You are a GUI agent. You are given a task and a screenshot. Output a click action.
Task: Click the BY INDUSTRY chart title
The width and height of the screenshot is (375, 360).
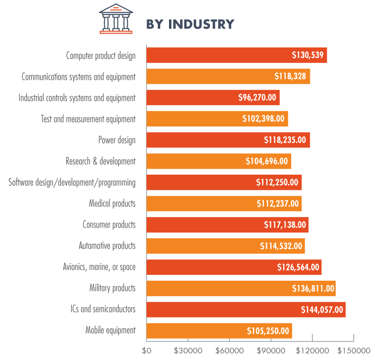(190, 24)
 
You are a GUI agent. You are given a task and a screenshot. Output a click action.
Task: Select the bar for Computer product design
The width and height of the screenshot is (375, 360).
(236, 55)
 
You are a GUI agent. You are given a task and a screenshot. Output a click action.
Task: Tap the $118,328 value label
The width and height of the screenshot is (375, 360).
(290, 76)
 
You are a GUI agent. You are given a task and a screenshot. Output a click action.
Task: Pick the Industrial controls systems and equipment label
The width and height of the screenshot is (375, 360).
(77, 98)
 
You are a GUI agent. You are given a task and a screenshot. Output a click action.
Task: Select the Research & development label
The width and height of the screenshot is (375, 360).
(100, 161)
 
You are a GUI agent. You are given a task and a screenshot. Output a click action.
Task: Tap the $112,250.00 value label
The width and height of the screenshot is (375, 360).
(277, 182)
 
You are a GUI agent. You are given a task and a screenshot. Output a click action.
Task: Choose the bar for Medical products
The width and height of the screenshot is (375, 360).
(224, 203)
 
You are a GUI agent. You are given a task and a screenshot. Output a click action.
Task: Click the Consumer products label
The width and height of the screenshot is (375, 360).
(109, 225)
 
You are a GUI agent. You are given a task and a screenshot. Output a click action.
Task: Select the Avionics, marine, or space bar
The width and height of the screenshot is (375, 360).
(234, 267)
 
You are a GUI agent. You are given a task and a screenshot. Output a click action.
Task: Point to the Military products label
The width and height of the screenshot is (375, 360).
(112, 288)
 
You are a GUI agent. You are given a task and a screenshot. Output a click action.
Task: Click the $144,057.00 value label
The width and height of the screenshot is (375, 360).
(321, 309)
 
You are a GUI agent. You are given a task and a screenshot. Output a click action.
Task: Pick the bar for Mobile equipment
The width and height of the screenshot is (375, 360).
(219, 331)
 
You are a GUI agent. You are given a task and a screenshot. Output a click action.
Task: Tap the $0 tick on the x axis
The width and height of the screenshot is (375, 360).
(147, 350)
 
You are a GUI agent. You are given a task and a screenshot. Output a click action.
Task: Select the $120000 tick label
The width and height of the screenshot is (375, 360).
(312, 350)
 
